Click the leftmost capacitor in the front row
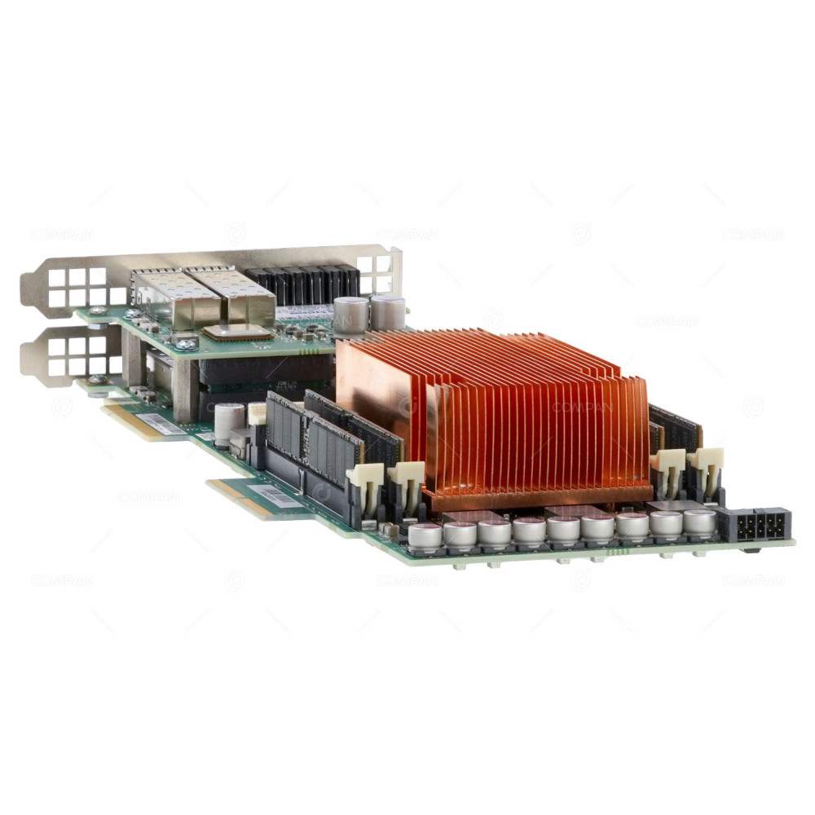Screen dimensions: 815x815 click(425, 536)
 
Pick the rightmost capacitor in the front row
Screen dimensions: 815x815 click(699, 522)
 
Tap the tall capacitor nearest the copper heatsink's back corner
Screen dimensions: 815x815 click(387, 311)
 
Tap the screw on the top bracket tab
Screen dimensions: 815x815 click(98, 311)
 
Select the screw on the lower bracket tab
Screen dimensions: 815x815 click(97, 379)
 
